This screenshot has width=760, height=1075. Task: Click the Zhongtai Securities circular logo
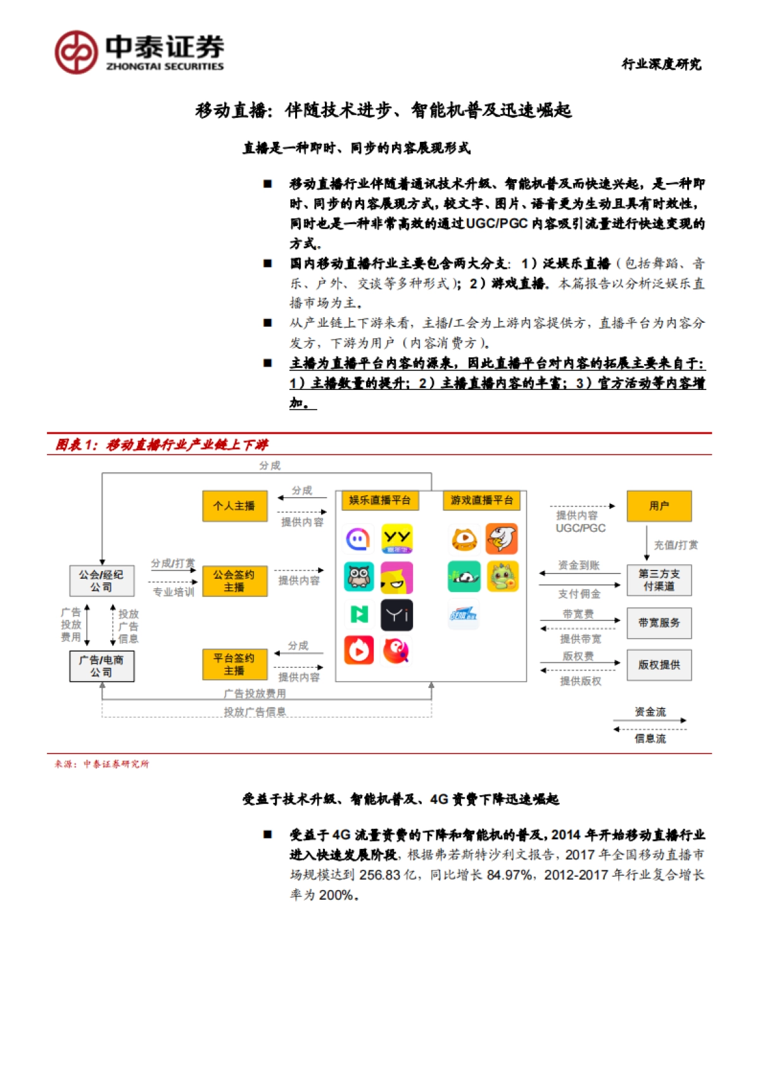pyautogui.click(x=76, y=52)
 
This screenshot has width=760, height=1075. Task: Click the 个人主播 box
pyautogui.click(x=234, y=506)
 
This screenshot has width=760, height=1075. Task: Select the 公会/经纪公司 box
pyautogui.click(x=101, y=581)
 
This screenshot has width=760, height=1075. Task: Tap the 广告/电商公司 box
pyautogui.click(x=101, y=666)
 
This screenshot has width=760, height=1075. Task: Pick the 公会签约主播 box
pyautogui.click(x=234, y=581)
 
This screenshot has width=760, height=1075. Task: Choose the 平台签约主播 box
pyautogui.click(x=234, y=664)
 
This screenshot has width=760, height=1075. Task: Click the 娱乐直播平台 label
pyautogui.click(x=379, y=500)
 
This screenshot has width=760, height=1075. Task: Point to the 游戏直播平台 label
pyautogui.click(x=481, y=500)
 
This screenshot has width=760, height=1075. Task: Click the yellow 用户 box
pyautogui.click(x=659, y=506)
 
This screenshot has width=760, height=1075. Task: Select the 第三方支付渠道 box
pyautogui.click(x=659, y=580)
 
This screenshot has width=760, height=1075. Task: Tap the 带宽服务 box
pyautogui.click(x=659, y=623)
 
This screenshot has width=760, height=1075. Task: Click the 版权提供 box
pyautogui.click(x=659, y=665)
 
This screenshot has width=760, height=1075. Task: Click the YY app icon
pyautogui.click(x=397, y=539)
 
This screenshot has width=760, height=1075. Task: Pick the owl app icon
pyautogui.click(x=359, y=577)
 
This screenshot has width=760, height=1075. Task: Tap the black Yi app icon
pyautogui.click(x=397, y=615)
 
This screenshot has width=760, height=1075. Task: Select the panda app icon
pyautogui.click(x=464, y=577)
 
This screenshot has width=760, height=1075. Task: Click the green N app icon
pyautogui.click(x=359, y=613)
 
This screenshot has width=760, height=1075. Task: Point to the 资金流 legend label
pyautogui.click(x=650, y=712)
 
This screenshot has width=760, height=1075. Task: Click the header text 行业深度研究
pyautogui.click(x=661, y=64)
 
